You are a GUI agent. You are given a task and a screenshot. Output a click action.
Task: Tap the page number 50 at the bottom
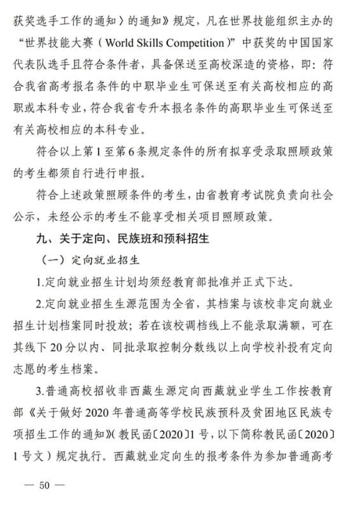(44, 485)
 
